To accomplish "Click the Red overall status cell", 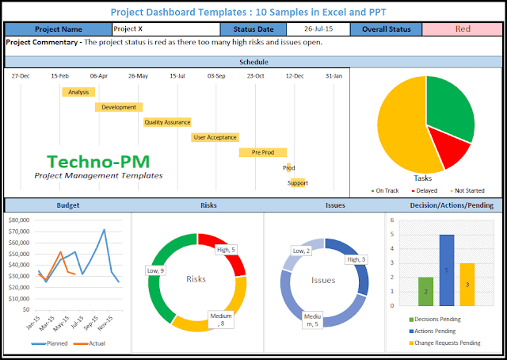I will pyautogui.click(x=462, y=29).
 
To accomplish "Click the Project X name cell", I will pyautogui.click(x=165, y=29).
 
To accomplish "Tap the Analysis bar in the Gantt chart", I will pyautogui.click(x=78, y=92).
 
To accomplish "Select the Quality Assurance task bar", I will pyautogui.click(x=166, y=122).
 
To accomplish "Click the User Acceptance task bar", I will pyautogui.click(x=215, y=137).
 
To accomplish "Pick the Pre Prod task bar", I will pyautogui.click(x=263, y=152).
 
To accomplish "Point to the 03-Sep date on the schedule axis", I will pyautogui.click(x=216, y=76).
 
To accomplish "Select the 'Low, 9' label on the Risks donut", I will pyautogui.click(x=156, y=271).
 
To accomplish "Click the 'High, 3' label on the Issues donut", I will pyautogui.click(x=355, y=259).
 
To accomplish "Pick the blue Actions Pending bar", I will pyautogui.click(x=447, y=270).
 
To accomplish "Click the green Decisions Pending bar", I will pyautogui.click(x=425, y=291).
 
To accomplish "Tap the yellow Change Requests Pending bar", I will pyautogui.click(x=467, y=284).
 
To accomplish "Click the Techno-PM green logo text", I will pyautogui.click(x=97, y=161).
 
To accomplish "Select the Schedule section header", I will pyautogui.click(x=253, y=61).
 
